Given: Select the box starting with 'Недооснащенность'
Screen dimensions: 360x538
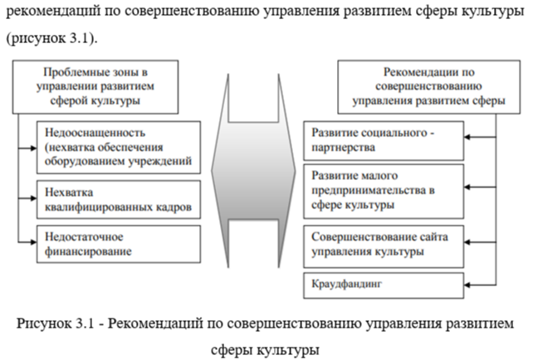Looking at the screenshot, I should [118, 146].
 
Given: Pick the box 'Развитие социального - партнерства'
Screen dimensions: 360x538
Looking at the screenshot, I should [383, 139].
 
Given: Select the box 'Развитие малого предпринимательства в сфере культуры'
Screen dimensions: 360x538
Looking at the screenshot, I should [383, 190].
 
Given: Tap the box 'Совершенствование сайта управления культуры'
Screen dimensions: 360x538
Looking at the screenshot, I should [383, 244].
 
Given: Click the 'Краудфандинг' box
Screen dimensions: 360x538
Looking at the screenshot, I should [383, 285].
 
